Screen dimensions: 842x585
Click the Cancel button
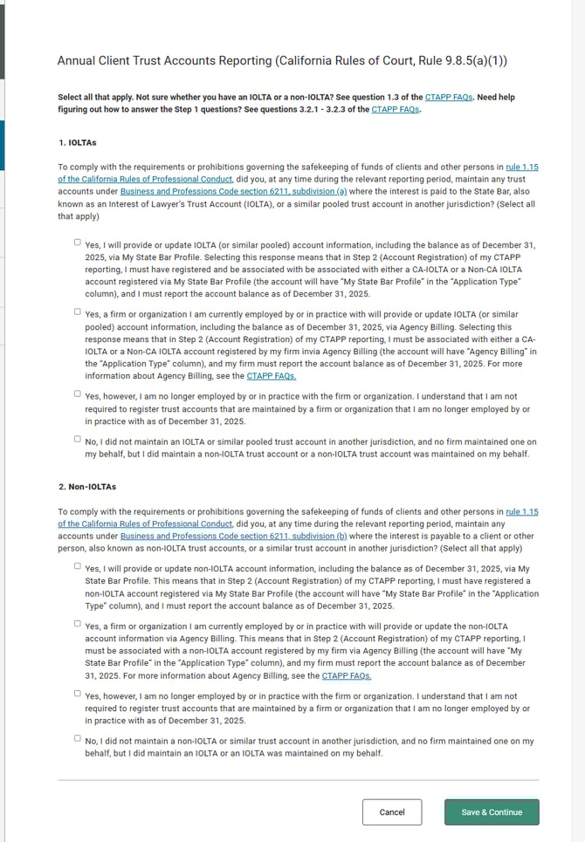coord(391,812)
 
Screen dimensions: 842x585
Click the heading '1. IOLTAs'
coord(77,141)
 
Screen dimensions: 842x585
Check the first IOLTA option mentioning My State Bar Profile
coord(78,243)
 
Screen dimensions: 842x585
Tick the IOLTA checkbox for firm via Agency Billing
coord(78,310)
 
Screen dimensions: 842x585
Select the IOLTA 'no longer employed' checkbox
coord(78,394)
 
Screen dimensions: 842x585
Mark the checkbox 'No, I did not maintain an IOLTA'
coord(78,439)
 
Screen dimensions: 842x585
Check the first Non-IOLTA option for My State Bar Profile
coord(78,565)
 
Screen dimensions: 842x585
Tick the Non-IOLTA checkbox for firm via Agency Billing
coord(78,623)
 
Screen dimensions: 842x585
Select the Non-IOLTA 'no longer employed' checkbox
coord(78,694)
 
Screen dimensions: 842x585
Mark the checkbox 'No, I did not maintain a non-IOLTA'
coord(78,738)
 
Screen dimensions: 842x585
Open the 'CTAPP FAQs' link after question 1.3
coord(449,97)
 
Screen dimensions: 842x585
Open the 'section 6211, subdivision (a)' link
coord(233,190)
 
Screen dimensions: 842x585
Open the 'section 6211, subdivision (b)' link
coord(233,536)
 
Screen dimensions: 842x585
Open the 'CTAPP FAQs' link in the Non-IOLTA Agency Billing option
coord(347,675)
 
